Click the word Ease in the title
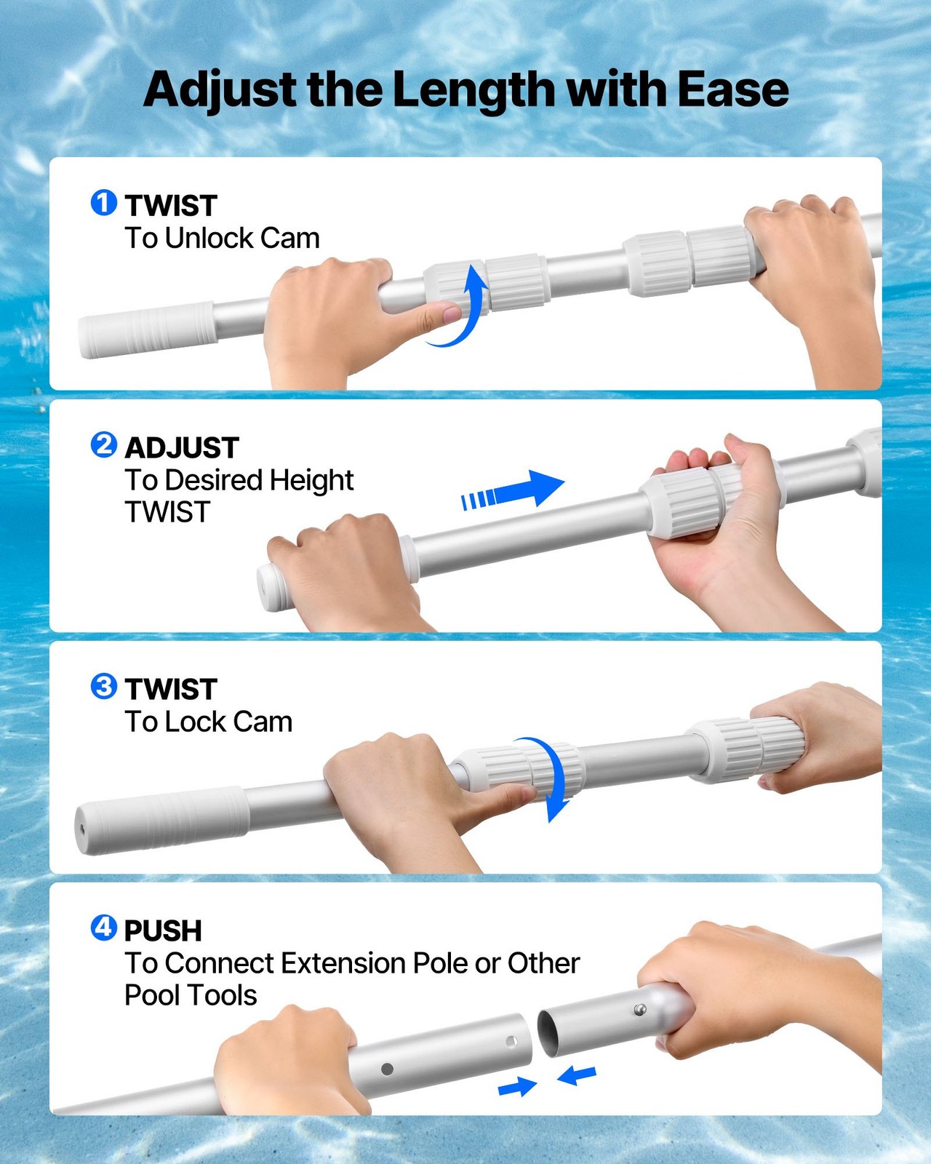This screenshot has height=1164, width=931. click(x=732, y=89)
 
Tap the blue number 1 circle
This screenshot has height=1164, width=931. click(x=103, y=203)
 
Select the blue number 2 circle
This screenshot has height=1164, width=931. click(x=103, y=445)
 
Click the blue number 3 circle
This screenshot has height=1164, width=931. click(x=103, y=686)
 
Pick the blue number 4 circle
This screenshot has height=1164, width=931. click(x=103, y=928)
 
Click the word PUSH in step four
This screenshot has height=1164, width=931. click(x=163, y=931)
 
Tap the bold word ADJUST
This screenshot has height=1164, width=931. click(x=182, y=448)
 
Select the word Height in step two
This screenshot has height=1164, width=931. click(x=311, y=480)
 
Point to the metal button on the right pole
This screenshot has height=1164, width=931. click(x=639, y=1009)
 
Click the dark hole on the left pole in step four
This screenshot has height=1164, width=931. click(x=387, y=1069)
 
